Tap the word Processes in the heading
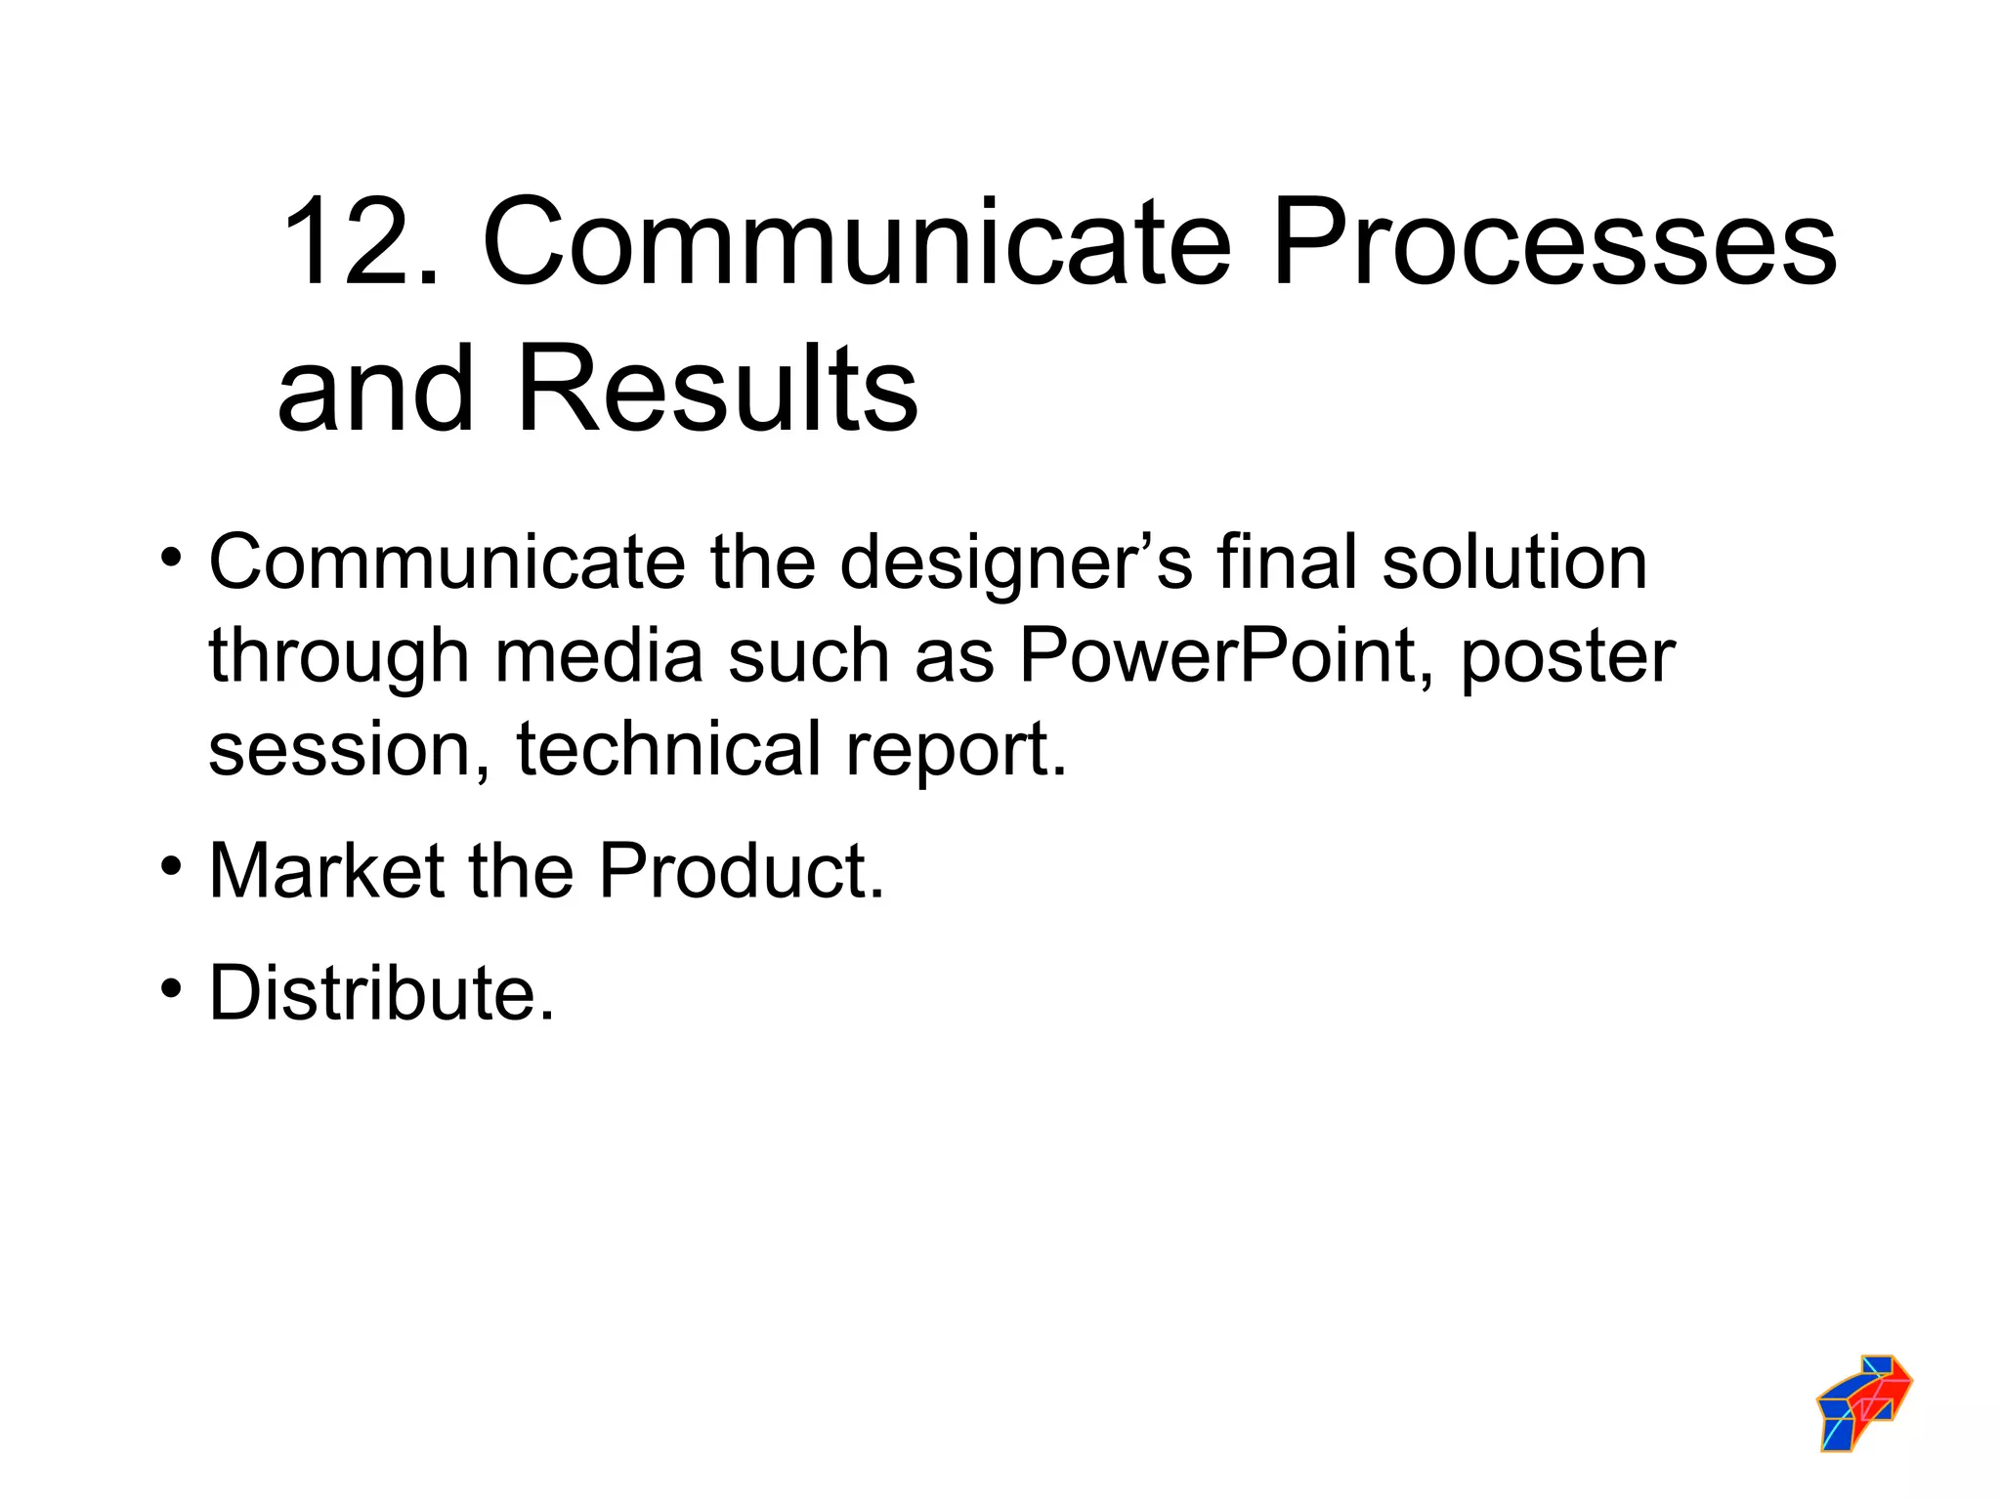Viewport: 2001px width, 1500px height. point(1554,241)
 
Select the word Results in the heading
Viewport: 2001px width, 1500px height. point(716,389)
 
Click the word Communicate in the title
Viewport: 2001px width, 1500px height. point(856,241)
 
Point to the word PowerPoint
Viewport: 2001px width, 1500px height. point(1226,655)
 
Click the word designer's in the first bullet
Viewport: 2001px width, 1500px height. point(1016,563)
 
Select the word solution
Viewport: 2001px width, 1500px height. point(1514,563)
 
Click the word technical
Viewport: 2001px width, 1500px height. point(668,748)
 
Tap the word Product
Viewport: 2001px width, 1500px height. point(742,870)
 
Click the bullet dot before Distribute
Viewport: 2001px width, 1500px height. point(172,988)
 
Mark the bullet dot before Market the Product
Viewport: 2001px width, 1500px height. point(172,866)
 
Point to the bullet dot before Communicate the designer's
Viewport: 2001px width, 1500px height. point(172,559)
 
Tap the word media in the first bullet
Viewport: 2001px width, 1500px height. point(599,655)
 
